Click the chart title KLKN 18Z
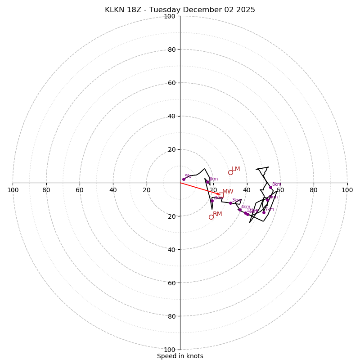pyautogui.click(x=180, y=10)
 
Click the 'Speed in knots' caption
pyautogui.click(x=180, y=356)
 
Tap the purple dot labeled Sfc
pyautogui.click(x=184, y=179)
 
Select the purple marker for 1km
pyautogui.click(x=207, y=182)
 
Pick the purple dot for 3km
pyautogui.click(x=230, y=203)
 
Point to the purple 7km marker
pyautogui.click(x=264, y=212)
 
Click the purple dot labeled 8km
pyautogui.click(x=270, y=187)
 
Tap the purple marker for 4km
pyautogui.click(x=240, y=210)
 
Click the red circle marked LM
pyautogui.click(x=230, y=172)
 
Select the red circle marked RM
pyautogui.click(x=211, y=217)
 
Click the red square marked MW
pyautogui.click(x=220, y=194)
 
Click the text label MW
pyautogui.click(x=228, y=192)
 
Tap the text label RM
pyautogui.click(x=217, y=214)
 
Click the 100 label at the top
pyautogui.click(x=170, y=16)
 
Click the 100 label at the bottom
pyautogui.click(x=170, y=349)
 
